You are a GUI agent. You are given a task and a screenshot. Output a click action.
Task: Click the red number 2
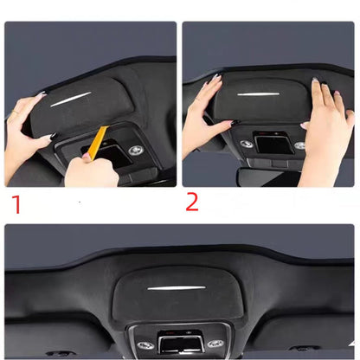coord(192,202)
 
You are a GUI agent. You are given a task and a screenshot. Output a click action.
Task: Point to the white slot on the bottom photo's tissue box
coord(179,286)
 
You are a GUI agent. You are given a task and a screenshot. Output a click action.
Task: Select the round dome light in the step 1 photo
coord(134,149)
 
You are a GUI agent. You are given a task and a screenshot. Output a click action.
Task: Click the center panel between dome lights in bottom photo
coord(178,343)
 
